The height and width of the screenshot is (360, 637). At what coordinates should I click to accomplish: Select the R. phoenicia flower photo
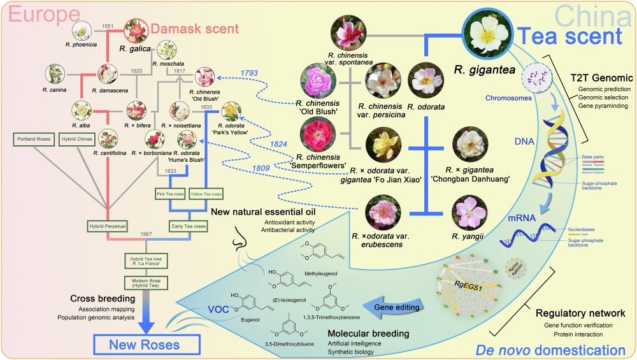pos(83,30)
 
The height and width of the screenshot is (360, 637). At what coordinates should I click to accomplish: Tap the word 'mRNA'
pos(521,217)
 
